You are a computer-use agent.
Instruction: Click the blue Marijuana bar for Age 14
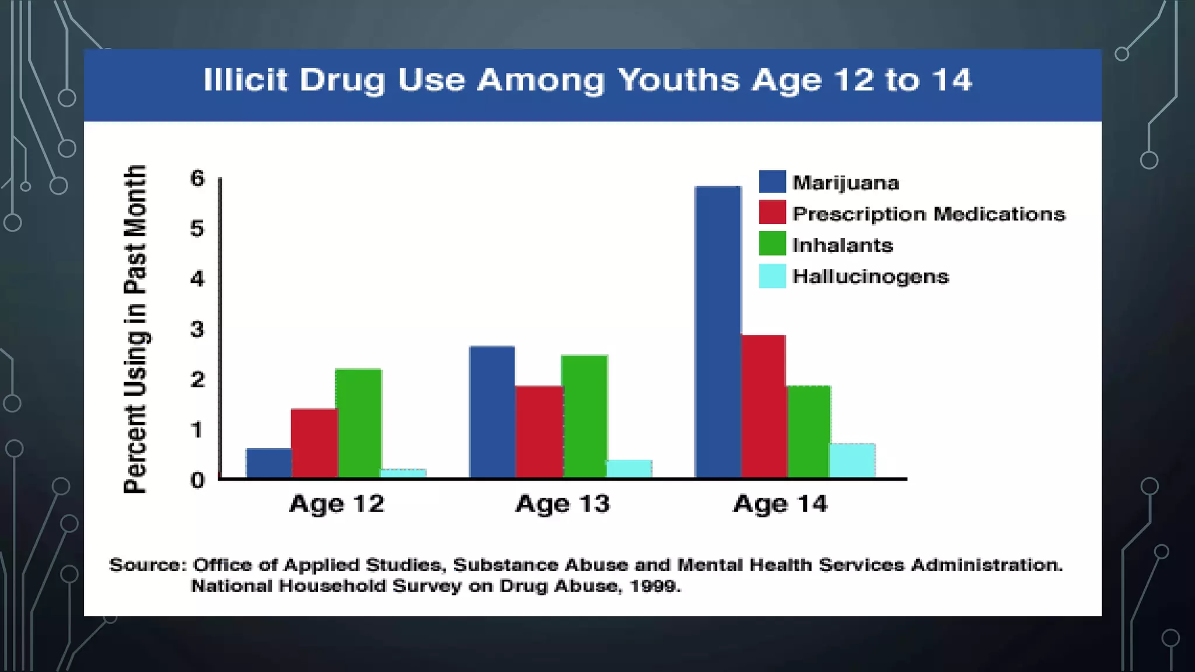tap(718, 332)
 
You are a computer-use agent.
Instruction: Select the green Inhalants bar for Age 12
tap(359, 423)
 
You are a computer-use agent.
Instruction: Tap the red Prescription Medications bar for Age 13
tap(539, 432)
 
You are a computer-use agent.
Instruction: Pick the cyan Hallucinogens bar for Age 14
tap(852, 461)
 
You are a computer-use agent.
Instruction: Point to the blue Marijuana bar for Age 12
tap(268, 463)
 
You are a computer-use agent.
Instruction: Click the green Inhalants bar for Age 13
tap(585, 416)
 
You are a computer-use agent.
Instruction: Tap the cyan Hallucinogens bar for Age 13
tap(630, 469)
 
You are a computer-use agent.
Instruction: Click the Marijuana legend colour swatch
tap(772, 182)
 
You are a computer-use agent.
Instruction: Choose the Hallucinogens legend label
tap(871, 276)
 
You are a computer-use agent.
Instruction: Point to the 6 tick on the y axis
tap(198, 178)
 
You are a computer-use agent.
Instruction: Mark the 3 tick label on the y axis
tap(198, 330)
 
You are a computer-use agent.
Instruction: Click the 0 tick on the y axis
tap(198, 480)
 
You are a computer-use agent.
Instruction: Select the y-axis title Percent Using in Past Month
tap(135, 330)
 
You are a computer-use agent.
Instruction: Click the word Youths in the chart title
tap(679, 80)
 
